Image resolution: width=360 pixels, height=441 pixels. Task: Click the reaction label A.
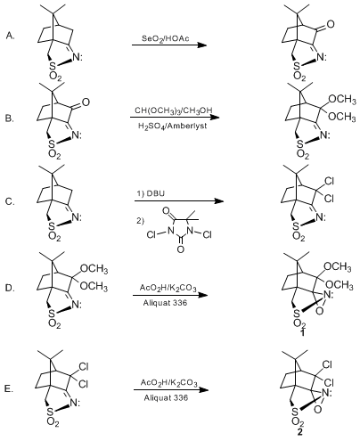[10, 36]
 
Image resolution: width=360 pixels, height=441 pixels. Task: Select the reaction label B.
[9, 118]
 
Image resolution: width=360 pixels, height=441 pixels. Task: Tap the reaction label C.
[10, 201]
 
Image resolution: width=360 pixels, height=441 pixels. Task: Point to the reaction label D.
[10, 288]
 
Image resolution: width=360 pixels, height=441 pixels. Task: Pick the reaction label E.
[9, 388]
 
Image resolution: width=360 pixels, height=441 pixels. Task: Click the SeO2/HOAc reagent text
[166, 38]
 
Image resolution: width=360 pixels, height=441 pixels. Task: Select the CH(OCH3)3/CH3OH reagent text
[174, 110]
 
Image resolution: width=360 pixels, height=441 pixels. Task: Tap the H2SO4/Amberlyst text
[173, 127]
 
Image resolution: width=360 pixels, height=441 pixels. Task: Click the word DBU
[155, 193]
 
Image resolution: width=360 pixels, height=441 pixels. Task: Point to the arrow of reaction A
[169, 45]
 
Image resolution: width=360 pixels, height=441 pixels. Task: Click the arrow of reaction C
[179, 200]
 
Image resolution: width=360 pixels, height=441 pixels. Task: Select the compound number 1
[302, 332]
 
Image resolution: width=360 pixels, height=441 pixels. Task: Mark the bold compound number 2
[299, 432]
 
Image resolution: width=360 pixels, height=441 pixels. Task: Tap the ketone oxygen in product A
[330, 24]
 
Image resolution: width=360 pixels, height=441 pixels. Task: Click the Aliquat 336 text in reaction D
[165, 303]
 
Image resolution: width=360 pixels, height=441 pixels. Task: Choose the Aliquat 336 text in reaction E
[166, 397]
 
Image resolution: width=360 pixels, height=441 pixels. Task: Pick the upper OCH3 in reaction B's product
[342, 99]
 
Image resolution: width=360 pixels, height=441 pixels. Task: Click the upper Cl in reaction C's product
[329, 181]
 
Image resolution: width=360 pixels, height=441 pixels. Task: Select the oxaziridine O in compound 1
[320, 311]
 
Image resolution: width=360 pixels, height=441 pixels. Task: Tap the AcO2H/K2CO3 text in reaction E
[168, 382]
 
